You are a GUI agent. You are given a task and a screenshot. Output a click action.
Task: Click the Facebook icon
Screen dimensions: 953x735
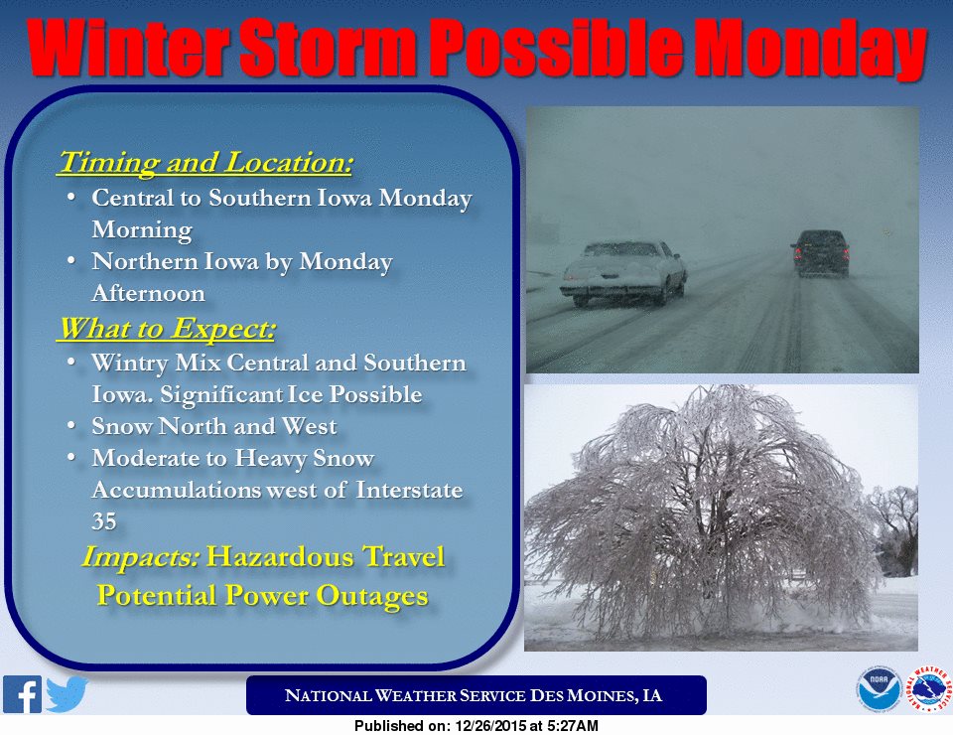coord(22,694)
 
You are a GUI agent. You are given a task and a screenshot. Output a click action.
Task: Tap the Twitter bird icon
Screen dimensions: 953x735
coord(67,694)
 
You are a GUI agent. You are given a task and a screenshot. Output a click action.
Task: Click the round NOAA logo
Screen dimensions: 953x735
coord(879,689)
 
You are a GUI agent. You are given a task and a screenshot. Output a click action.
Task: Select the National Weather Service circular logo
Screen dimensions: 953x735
coord(929,689)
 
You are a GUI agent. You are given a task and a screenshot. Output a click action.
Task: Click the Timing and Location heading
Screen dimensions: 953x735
coord(205,163)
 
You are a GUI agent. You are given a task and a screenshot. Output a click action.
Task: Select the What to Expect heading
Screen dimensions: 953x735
coord(167,329)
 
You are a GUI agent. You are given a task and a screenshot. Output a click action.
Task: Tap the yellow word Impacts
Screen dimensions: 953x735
coord(140,557)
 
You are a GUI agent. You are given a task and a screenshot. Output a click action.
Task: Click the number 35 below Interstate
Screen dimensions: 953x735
coord(104,521)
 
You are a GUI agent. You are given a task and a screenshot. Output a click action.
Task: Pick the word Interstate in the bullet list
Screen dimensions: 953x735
coord(409,490)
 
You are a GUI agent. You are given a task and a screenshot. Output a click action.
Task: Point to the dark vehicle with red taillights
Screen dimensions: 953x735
coord(819,253)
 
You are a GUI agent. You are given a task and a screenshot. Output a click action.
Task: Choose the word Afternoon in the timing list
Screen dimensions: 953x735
coord(148,294)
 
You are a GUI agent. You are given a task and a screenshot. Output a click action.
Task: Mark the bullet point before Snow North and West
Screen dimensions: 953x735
coord(71,425)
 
